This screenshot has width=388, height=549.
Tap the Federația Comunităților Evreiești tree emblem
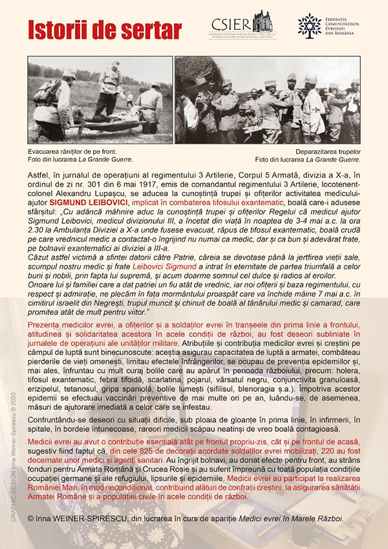309,25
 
